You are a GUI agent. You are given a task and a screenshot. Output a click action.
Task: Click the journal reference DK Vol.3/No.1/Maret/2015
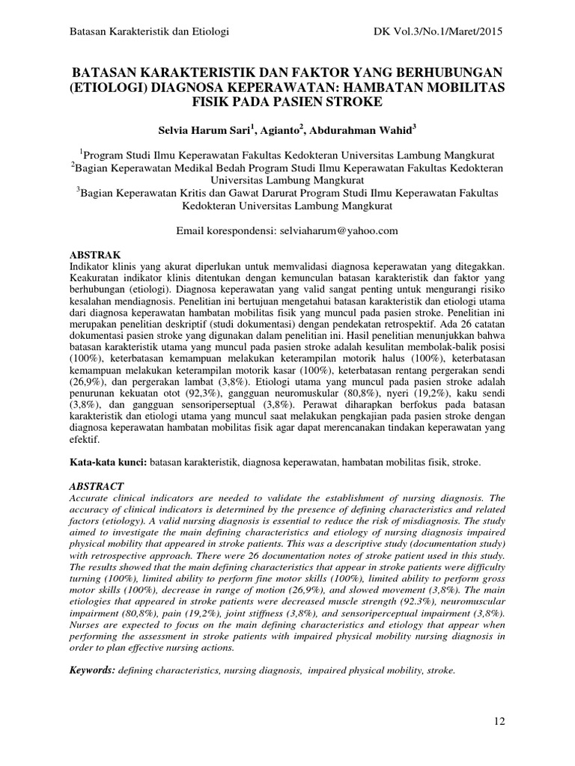tap(436, 31)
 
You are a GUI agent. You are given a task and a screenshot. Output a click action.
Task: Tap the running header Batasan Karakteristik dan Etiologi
tap(148, 31)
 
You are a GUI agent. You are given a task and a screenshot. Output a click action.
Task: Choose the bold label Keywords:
tap(92, 670)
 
